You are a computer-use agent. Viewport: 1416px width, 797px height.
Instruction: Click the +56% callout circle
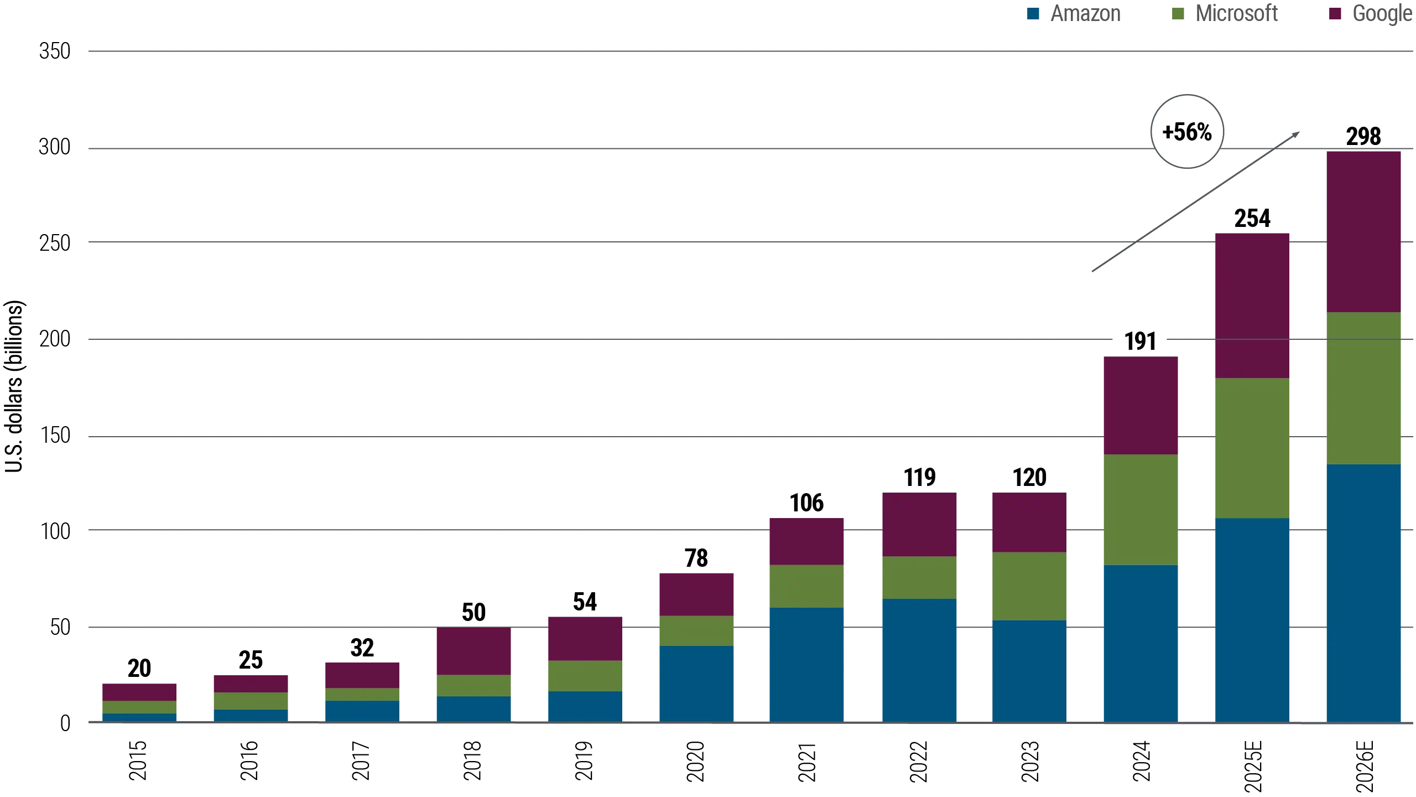point(1187,132)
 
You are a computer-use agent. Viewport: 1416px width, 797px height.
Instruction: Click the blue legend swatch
point(1033,14)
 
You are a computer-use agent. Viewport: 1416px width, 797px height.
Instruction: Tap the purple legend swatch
point(1336,14)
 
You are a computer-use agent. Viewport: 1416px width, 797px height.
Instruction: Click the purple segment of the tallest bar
point(1363,231)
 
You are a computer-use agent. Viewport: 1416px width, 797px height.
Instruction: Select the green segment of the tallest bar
point(1363,387)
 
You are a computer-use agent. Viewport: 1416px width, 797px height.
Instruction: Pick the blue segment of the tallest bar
point(1363,592)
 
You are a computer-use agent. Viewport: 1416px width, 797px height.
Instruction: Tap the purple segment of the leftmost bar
point(139,691)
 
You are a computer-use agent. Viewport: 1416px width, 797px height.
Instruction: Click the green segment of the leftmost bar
point(139,707)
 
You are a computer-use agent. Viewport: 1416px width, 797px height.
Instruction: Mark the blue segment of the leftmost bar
point(139,717)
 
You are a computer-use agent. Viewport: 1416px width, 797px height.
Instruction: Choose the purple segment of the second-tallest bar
point(1252,304)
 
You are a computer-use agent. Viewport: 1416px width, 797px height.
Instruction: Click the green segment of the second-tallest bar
point(1252,448)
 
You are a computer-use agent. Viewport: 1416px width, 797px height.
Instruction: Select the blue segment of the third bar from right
point(1141,643)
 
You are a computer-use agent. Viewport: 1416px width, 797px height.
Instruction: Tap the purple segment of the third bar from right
point(1141,405)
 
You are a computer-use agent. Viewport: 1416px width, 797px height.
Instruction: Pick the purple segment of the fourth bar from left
point(473,651)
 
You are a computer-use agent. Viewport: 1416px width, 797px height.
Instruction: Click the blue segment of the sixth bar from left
point(697,683)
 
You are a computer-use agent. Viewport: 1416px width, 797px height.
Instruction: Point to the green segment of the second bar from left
point(251,701)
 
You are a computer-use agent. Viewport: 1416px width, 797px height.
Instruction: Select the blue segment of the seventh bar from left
point(807,664)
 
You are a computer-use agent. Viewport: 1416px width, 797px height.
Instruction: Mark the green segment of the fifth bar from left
point(585,676)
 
